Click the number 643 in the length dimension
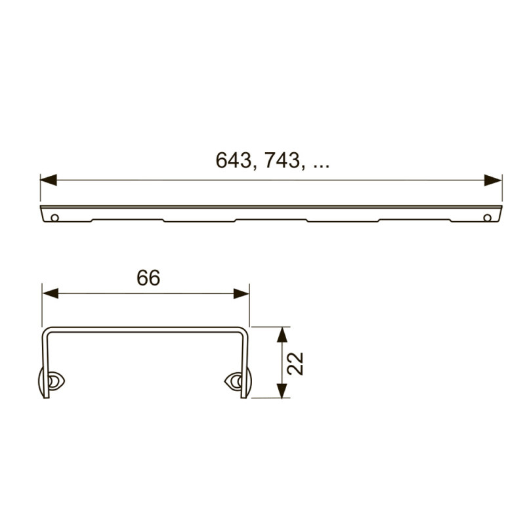pos(233,160)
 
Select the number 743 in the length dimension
pos(282,160)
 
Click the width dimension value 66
pos(148,278)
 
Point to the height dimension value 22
pos(295,364)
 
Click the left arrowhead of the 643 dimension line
pos(49,180)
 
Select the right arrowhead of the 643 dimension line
pos(493,180)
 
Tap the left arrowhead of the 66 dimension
pos(51,293)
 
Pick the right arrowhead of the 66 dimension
pos(241,293)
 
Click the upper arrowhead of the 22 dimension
pos(283,335)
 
